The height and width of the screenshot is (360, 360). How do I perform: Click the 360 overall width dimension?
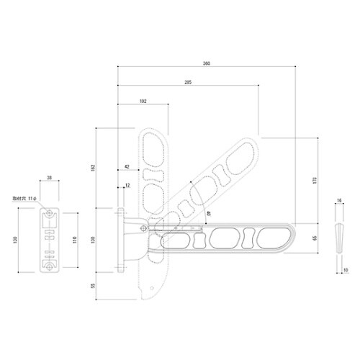[x=207, y=64]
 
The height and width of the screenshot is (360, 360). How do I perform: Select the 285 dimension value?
[x=188, y=83]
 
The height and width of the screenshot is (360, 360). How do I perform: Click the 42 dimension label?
[x=127, y=166]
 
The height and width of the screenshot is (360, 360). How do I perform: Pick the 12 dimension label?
[x=127, y=186]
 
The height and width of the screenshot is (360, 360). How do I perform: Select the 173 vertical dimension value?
[x=315, y=180]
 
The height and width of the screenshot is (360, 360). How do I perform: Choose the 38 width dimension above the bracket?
[x=48, y=176]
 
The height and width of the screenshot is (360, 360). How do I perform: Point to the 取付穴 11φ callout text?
[x=25, y=196]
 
